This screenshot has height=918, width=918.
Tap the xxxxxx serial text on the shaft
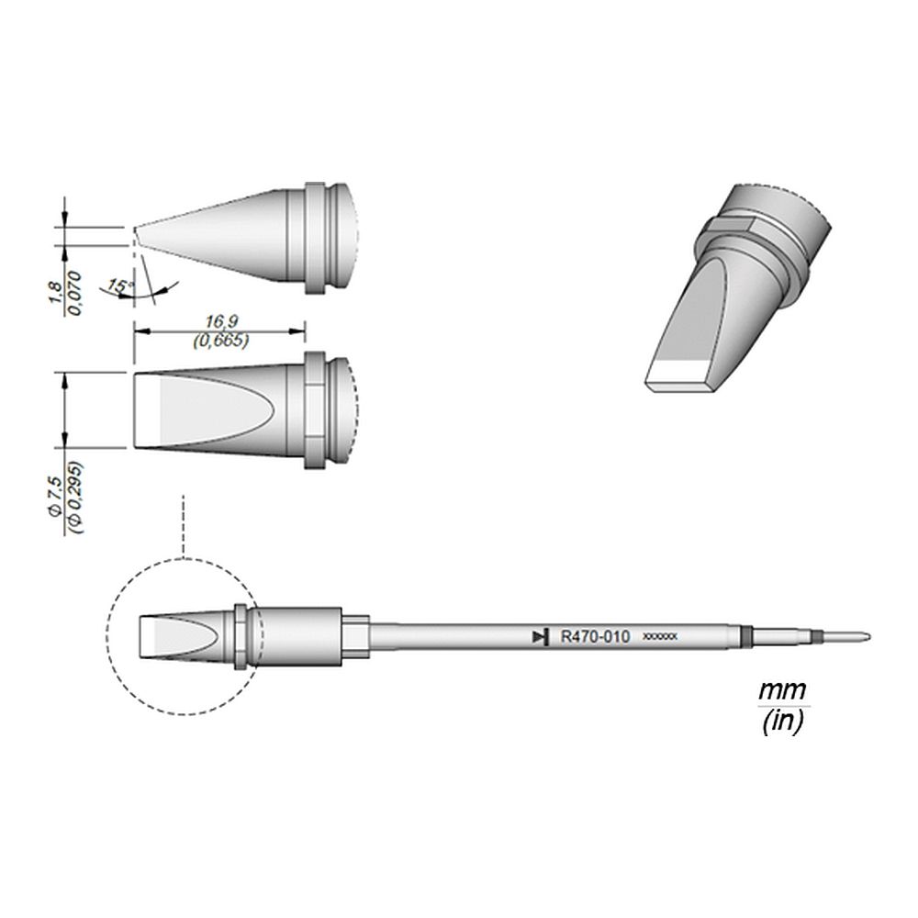660,636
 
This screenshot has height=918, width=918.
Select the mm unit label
782,689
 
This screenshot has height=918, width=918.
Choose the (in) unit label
782,722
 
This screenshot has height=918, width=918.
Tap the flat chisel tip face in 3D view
680,377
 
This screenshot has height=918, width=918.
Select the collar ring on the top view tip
314,410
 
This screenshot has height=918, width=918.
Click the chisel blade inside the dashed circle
174,636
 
